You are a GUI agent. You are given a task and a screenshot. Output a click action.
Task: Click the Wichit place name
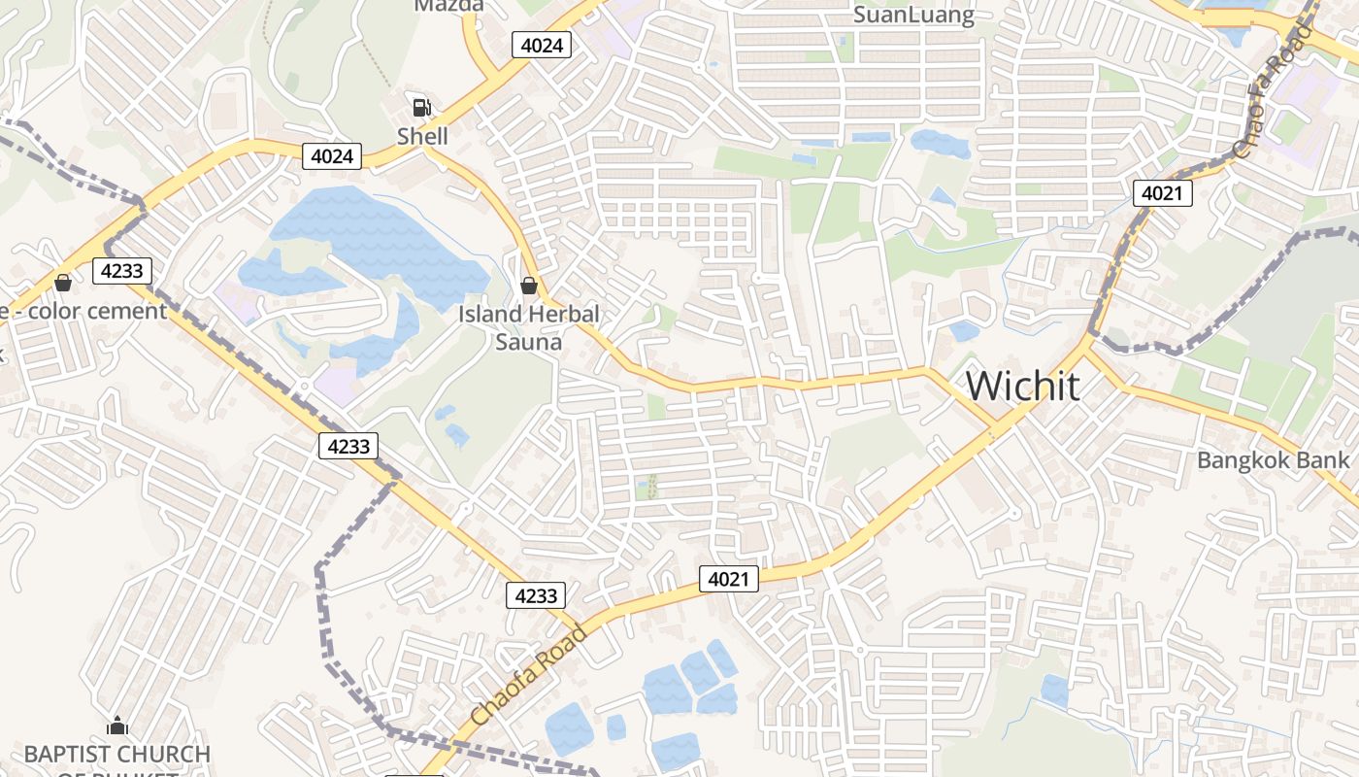click(1022, 386)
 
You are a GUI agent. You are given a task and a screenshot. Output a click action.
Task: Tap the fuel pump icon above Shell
click(422, 107)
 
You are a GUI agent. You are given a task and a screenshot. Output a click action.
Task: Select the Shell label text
click(422, 136)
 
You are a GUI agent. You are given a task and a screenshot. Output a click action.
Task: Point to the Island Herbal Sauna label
click(529, 327)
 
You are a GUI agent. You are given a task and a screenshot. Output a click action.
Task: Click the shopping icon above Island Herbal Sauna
click(529, 285)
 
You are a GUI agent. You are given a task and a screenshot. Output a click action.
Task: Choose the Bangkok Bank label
click(1273, 460)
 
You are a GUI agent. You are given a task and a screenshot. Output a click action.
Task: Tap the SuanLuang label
click(913, 14)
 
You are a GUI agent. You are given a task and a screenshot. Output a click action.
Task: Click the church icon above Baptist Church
click(117, 726)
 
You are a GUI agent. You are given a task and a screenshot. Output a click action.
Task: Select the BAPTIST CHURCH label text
click(116, 755)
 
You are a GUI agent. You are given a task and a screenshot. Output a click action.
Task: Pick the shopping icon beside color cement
click(63, 283)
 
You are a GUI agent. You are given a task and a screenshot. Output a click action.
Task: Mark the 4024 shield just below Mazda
click(542, 44)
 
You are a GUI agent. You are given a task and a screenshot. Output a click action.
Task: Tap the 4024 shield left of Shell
click(332, 156)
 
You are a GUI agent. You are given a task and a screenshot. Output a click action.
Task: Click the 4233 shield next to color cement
click(122, 271)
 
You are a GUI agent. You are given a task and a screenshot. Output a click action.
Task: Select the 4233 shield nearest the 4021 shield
click(536, 595)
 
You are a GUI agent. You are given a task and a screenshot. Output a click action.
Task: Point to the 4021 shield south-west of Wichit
click(728, 579)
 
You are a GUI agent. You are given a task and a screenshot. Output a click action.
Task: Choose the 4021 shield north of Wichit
click(1162, 193)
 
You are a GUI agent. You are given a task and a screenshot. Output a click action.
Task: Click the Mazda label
click(448, 6)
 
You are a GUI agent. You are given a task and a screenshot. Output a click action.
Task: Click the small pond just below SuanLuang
click(940, 144)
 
